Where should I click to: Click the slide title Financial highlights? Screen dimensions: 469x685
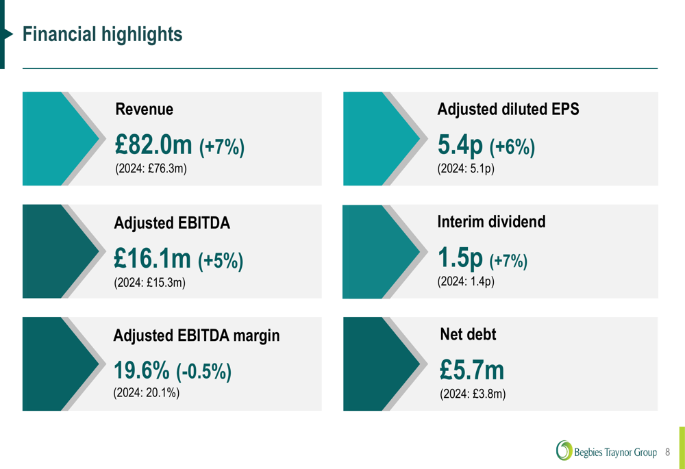(102, 34)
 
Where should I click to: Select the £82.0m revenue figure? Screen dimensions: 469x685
(153, 145)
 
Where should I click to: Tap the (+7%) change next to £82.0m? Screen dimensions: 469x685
(221, 147)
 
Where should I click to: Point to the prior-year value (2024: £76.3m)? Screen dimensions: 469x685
(151, 168)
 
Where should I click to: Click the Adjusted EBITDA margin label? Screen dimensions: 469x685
(197, 335)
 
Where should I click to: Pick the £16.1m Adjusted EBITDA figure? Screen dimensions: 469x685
(152, 259)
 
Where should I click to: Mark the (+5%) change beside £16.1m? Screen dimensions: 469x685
(221, 260)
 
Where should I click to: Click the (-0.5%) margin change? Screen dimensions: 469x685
(204, 372)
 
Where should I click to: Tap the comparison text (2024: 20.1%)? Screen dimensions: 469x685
(146, 393)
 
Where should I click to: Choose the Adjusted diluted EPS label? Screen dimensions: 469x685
(508, 109)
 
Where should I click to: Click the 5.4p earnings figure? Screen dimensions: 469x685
(460, 145)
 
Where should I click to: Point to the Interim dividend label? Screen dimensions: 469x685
(491, 222)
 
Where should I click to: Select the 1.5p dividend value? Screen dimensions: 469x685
(460, 258)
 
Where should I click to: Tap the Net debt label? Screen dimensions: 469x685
(468, 334)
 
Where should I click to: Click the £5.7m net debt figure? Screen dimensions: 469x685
(472, 370)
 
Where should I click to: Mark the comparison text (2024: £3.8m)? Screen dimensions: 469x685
(473, 394)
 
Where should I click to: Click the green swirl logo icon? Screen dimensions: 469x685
(564, 451)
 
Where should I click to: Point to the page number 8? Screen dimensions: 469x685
(668, 453)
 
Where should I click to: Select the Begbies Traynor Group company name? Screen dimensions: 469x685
(615, 453)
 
